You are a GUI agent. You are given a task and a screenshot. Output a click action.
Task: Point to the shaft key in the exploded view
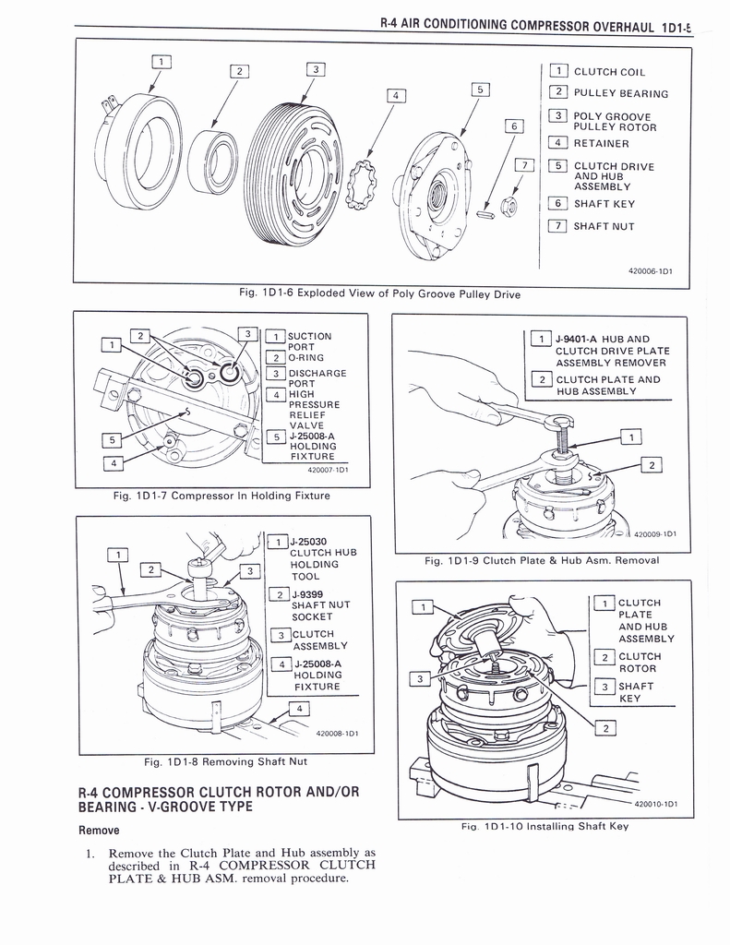pos(485,215)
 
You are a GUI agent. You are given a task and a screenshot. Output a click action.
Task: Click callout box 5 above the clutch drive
pos(479,90)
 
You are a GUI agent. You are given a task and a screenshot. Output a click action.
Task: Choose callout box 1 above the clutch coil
pos(160,62)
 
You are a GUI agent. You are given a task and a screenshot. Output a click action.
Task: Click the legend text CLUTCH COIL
pos(609,72)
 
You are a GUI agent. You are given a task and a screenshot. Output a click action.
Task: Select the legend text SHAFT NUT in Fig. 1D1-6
pos(604,227)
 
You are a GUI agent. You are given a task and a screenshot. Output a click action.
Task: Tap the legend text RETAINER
pos(601,144)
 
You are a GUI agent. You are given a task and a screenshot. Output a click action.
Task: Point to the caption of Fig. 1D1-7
pos(221,496)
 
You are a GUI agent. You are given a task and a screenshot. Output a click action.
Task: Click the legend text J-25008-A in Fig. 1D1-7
pos(312,437)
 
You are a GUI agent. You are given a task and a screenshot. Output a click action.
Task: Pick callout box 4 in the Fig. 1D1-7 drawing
pos(112,463)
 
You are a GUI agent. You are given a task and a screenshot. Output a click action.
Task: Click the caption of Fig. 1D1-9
pos(542,560)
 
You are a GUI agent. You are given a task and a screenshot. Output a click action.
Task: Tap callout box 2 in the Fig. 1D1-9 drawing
pos(652,465)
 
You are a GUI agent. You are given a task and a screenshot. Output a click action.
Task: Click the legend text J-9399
pos(306,594)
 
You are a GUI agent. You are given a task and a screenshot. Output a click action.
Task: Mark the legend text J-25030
pos(308,542)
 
